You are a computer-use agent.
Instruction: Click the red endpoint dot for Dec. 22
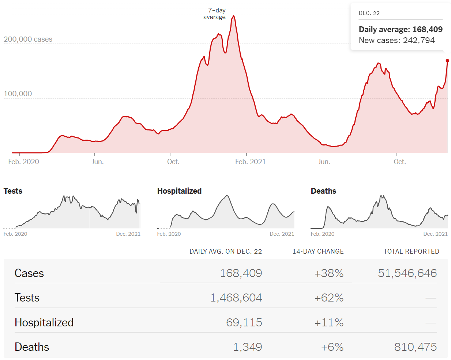point(447,61)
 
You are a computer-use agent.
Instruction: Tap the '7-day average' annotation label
point(215,14)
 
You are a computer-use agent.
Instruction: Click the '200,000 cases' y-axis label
point(28,39)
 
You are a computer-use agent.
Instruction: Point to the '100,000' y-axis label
point(18,94)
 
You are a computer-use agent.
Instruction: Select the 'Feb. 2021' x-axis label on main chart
point(250,162)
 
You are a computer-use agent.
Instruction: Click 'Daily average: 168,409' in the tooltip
point(401,29)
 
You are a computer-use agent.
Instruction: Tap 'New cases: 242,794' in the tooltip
point(396,40)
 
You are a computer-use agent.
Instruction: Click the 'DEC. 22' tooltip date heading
point(369,13)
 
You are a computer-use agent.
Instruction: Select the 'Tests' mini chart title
point(13,191)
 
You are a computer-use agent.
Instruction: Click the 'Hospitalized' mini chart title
point(179,191)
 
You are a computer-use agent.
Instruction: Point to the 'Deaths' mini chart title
point(323,191)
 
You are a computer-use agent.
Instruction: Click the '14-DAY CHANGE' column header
point(318,251)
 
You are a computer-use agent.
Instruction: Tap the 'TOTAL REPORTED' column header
point(411,251)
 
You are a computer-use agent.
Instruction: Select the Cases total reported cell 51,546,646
point(407,273)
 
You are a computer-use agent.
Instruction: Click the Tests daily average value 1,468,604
point(236,298)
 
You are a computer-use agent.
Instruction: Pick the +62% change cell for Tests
point(329,298)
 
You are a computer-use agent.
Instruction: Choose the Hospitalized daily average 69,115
point(244,322)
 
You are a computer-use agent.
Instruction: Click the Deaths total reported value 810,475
point(415,347)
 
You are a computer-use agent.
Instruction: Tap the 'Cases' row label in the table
point(29,273)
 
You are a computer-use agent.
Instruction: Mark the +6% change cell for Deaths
point(332,347)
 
